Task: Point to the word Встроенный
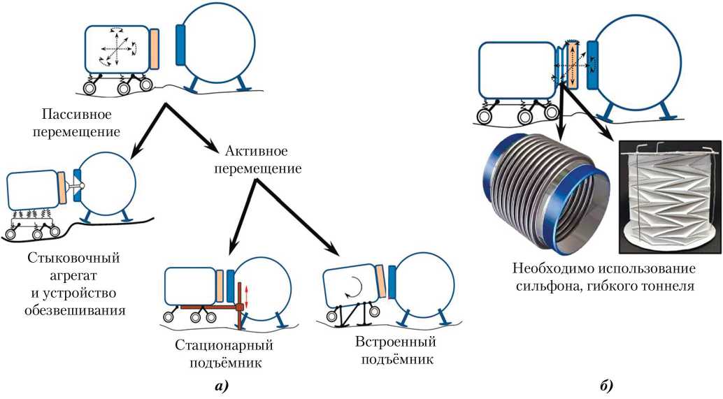395,342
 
